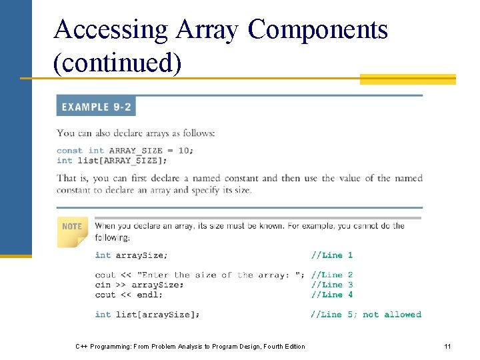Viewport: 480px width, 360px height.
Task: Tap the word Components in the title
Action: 317,30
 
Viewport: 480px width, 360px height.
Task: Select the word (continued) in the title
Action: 117,63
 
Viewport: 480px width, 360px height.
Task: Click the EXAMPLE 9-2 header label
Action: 96,107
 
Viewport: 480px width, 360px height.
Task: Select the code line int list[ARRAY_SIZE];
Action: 112,161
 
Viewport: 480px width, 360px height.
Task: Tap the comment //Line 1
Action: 331,255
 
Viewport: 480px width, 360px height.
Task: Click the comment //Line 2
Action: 331,275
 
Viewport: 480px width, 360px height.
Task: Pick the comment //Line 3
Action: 331,285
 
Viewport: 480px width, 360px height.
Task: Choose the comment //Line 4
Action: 331,295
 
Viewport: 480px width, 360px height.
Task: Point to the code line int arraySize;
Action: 131,255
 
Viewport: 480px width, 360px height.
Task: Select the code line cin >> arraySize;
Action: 139,285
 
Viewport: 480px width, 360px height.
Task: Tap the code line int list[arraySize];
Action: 147,315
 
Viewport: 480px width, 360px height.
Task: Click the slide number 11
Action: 447,347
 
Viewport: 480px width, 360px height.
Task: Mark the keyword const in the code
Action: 70,151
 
